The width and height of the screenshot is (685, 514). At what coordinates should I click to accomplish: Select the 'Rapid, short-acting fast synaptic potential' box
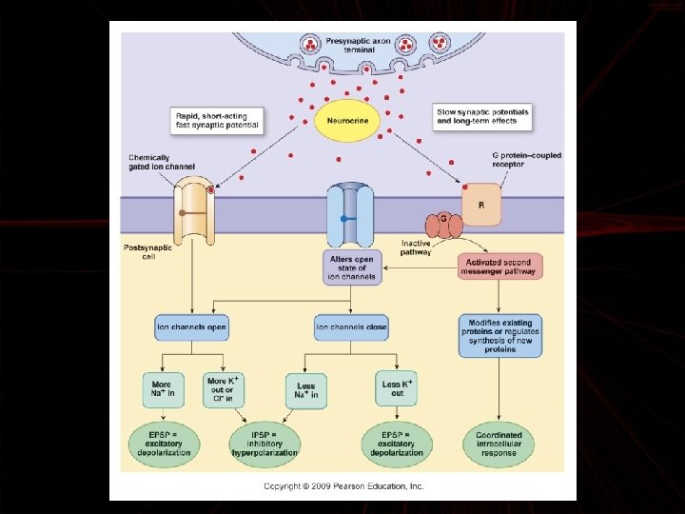click(x=218, y=120)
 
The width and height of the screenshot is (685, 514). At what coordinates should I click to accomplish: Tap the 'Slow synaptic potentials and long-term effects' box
click(x=481, y=116)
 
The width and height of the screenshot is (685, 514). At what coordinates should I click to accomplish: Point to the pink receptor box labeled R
click(x=480, y=203)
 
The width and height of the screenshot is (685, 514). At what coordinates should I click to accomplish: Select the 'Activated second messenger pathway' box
click(x=499, y=266)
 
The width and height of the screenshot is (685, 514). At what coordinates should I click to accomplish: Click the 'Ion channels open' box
click(x=191, y=327)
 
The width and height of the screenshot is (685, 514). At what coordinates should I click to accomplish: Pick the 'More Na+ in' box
click(x=162, y=388)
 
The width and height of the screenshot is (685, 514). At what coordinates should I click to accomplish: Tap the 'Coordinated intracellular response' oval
click(x=499, y=444)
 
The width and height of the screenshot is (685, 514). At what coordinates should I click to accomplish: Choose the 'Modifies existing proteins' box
click(x=499, y=335)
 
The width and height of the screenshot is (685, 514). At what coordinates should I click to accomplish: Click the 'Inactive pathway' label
click(x=417, y=247)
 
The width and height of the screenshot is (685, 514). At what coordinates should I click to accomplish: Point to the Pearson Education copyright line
click(x=343, y=486)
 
